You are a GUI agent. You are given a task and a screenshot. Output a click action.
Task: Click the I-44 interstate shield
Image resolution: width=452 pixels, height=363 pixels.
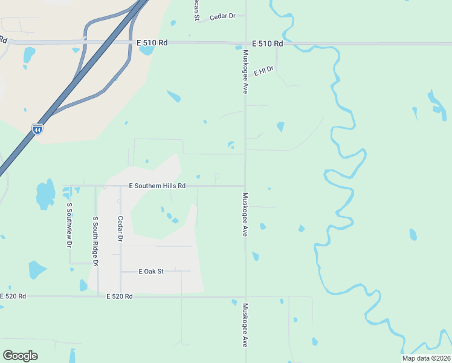[37, 129]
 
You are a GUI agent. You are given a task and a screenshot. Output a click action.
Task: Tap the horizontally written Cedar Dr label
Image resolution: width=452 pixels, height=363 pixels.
[222, 16]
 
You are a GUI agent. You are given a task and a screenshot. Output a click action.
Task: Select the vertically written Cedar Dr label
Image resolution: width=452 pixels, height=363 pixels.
[120, 229]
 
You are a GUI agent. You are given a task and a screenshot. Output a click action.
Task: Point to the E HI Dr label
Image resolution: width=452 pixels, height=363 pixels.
[264, 71]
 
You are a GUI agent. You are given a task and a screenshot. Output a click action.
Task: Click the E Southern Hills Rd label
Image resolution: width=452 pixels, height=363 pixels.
[157, 186]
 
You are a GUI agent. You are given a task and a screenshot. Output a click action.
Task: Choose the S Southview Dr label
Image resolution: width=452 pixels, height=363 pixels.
[69, 225]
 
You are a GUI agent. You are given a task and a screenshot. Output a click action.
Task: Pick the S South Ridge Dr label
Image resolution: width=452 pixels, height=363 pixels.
[95, 241]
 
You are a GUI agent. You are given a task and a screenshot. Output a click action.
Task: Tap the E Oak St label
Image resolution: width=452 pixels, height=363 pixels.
[151, 272]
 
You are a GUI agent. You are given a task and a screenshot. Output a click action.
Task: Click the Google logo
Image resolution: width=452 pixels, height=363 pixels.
[20, 356]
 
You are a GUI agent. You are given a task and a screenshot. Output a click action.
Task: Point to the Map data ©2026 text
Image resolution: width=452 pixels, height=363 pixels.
[425, 358]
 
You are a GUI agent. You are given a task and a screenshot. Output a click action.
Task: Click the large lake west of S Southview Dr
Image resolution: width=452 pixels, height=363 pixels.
[45, 194]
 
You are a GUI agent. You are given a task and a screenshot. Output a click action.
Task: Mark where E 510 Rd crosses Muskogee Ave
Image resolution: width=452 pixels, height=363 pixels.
[245, 44]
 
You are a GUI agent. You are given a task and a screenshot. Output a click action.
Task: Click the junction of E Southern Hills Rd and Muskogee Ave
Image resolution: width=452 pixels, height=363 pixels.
[245, 186]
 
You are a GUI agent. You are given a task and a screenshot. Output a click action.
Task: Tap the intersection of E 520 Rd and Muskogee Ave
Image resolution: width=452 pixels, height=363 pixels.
[245, 296]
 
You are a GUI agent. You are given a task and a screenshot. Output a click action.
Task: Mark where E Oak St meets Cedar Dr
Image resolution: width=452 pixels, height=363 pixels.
[121, 272]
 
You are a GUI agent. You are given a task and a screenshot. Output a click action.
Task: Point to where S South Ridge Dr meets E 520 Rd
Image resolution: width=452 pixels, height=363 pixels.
[98, 296]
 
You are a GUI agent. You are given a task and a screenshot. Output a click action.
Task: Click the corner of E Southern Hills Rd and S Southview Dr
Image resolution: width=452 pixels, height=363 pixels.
[69, 186]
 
